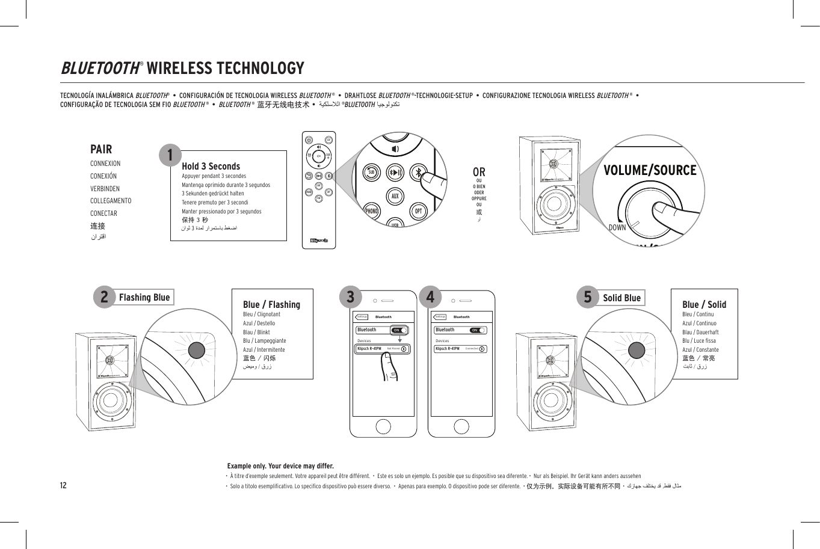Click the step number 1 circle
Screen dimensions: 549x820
(170, 155)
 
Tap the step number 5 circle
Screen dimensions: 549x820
(588, 296)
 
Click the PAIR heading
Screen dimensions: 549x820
(101, 149)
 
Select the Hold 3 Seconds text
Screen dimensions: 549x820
(211, 166)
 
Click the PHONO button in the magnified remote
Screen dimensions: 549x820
(372, 211)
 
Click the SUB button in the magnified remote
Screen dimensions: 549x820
(372, 173)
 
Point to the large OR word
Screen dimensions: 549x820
(479, 172)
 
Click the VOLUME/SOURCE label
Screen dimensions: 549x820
(650, 170)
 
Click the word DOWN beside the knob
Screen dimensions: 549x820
(617, 227)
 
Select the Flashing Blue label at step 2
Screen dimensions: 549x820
(144, 297)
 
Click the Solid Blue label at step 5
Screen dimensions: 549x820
(621, 298)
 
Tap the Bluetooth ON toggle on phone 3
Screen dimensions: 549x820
(399, 330)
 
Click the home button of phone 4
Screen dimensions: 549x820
(461, 426)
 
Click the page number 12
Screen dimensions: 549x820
(63, 485)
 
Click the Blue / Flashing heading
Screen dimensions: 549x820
(271, 304)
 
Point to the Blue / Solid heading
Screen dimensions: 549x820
(704, 304)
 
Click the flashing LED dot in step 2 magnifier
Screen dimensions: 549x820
(197, 351)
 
